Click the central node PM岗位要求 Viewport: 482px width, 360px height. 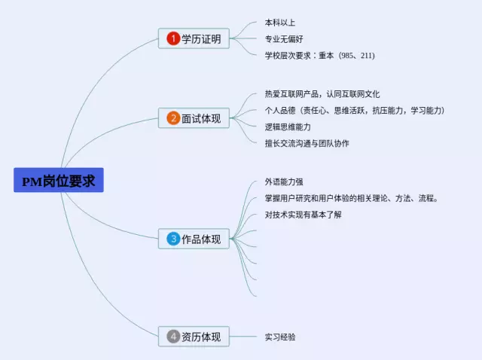(x=58, y=181)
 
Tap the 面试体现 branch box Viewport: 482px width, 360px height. (x=194, y=118)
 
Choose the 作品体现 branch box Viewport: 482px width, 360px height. (x=194, y=239)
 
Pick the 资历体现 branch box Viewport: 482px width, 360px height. (x=194, y=337)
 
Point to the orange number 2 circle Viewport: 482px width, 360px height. (x=173, y=118)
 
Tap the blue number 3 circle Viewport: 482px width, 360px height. (x=173, y=239)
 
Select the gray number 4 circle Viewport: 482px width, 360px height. (x=173, y=337)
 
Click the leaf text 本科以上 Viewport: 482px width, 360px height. (x=280, y=23)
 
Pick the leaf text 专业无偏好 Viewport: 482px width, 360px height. (x=284, y=39)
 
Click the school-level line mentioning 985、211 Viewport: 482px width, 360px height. (x=319, y=56)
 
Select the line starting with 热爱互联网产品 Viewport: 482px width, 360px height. (x=322, y=94)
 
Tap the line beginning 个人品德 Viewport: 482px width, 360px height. (x=355, y=111)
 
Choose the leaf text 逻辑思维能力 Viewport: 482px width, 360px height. (x=288, y=127)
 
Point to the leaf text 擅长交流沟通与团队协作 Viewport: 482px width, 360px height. (x=307, y=143)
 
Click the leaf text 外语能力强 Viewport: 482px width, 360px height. (x=284, y=182)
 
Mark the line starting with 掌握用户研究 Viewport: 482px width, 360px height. (x=352, y=198)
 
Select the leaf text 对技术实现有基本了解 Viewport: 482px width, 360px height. (x=303, y=215)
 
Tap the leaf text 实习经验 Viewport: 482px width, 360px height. (x=280, y=337)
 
